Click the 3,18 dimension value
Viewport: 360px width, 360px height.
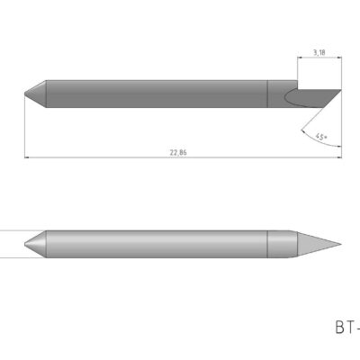(319, 53)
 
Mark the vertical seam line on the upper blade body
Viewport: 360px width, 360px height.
(269, 91)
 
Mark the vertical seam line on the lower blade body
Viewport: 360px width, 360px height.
(269, 243)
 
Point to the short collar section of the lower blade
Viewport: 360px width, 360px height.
(279, 243)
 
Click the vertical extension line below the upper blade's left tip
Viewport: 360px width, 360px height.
(24, 126)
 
